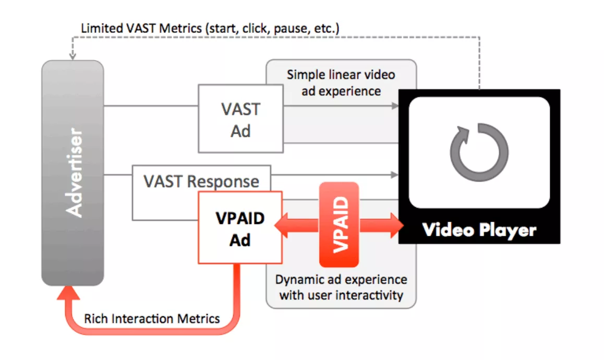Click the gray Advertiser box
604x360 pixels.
[73, 173]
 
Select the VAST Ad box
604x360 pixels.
[240, 119]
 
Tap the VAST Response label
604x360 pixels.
[201, 181]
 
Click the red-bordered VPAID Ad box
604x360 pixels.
[240, 229]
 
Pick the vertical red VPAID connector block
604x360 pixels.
[339, 225]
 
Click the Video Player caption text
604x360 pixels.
[479, 230]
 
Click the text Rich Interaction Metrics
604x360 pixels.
[152, 318]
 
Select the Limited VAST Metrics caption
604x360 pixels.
[210, 28]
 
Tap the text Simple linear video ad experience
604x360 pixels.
[341, 83]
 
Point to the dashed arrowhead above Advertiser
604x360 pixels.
[73, 55]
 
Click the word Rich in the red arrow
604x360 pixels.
[95, 318]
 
